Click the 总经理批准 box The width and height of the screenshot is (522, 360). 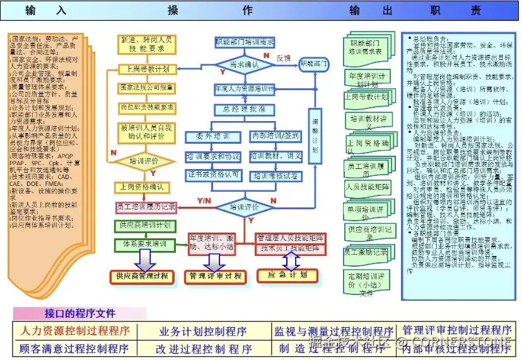pyautogui.click(x=245, y=109)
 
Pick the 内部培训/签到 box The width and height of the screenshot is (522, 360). pyautogui.click(x=275, y=136)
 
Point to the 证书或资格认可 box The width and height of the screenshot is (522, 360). pyautogui.click(x=212, y=174)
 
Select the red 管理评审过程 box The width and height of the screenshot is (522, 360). pyautogui.click(x=216, y=276)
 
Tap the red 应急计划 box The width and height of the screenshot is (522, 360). pyautogui.click(x=287, y=275)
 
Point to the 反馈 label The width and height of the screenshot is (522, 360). pyautogui.click(x=284, y=58)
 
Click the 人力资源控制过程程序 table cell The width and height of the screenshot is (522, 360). pyautogui.click(x=76, y=330)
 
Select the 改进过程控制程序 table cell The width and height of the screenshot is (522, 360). pyautogui.click(x=204, y=349)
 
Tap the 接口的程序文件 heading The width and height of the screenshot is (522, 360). pyautogui.click(x=79, y=313)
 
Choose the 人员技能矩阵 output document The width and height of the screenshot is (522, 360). pyautogui.click(x=368, y=187)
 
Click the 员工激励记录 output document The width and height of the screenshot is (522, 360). pyautogui.click(x=367, y=252)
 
